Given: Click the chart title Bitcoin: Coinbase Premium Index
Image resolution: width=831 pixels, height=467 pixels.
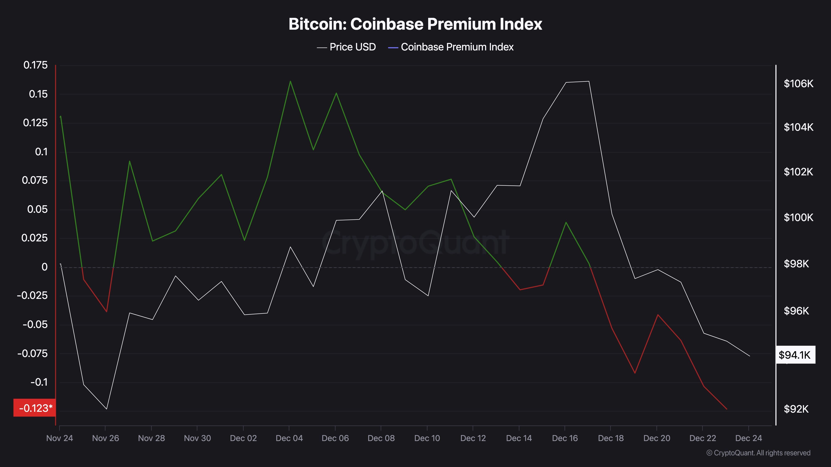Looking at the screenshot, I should click(415, 24).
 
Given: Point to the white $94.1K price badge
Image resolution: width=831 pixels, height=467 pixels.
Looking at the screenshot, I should click(795, 355).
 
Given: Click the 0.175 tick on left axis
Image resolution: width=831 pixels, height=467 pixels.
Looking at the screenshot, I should click(36, 65).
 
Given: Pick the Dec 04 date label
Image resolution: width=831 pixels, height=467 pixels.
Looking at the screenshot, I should click(289, 438).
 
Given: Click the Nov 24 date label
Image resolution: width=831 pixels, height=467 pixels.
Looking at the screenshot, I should click(60, 438).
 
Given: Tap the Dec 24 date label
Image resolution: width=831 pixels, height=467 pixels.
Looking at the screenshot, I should click(748, 438).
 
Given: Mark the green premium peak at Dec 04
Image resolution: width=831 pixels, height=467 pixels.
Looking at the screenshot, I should click(290, 81).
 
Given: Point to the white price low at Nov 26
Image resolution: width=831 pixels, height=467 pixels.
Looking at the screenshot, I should click(106, 409).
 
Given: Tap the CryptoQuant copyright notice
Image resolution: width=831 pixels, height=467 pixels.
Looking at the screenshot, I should click(758, 453).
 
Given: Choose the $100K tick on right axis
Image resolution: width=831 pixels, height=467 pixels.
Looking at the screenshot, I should click(798, 218).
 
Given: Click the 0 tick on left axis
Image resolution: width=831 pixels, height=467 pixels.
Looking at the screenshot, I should click(44, 267).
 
